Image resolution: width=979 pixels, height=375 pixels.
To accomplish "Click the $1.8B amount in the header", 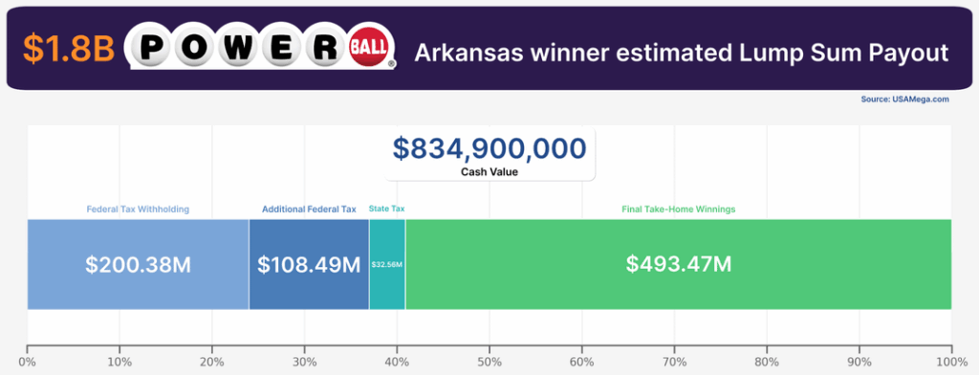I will (x=66, y=50).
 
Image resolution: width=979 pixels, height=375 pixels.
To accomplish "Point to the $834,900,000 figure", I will (x=489, y=148).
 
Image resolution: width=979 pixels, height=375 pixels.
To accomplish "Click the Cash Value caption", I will (x=489, y=172).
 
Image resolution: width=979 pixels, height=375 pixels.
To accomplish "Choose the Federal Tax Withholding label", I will (x=138, y=209).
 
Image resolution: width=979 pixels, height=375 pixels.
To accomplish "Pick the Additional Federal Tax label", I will (x=309, y=209).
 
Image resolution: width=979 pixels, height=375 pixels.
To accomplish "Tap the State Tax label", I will (x=386, y=209).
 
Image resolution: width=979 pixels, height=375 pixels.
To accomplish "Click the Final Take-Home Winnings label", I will (x=678, y=209).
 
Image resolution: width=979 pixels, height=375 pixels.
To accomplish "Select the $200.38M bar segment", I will (x=138, y=264).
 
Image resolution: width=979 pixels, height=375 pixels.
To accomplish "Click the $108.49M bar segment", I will (x=309, y=264).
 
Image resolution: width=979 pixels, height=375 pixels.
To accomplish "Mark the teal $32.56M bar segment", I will (x=387, y=264).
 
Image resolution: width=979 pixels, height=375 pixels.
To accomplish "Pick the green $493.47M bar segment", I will (x=678, y=264).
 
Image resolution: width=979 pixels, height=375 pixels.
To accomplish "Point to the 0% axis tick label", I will (x=28, y=363).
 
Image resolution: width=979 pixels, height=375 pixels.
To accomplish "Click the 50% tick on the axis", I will (x=489, y=363).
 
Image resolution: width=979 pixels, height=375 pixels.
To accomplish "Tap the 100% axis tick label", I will (x=949, y=363).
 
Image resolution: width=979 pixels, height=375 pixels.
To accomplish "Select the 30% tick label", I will (x=305, y=363).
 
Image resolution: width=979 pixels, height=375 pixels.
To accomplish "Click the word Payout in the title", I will (x=911, y=51).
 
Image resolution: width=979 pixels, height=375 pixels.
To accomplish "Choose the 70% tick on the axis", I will (x=674, y=363).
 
